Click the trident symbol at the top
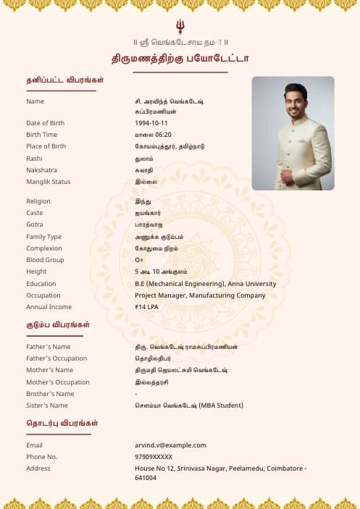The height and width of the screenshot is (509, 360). (x=180, y=27)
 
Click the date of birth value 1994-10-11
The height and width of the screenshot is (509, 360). (x=151, y=123)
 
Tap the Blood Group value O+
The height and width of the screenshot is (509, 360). (x=139, y=260)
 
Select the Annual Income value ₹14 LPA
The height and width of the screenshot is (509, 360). (x=147, y=307)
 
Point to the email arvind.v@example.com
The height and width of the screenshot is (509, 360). (x=170, y=445)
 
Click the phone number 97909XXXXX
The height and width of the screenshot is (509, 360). (x=154, y=457)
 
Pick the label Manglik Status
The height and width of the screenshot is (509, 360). (x=49, y=182)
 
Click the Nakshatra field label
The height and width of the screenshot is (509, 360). (x=41, y=170)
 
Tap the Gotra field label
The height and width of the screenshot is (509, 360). (x=35, y=224)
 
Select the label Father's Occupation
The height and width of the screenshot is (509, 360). (x=56, y=358)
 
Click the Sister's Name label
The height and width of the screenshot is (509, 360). (x=47, y=405)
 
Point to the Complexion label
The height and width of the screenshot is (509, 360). (x=44, y=248)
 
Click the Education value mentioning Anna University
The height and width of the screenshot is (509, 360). (x=205, y=284)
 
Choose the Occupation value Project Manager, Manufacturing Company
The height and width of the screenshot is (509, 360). (x=200, y=295)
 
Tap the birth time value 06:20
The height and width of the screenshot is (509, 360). (x=163, y=135)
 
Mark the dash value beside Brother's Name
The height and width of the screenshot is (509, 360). (x=136, y=394)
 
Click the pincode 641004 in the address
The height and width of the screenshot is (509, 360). (x=146, y=478)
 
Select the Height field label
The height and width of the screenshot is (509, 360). (x=36, y=272)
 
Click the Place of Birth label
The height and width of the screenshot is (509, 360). (x=46, y=146)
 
